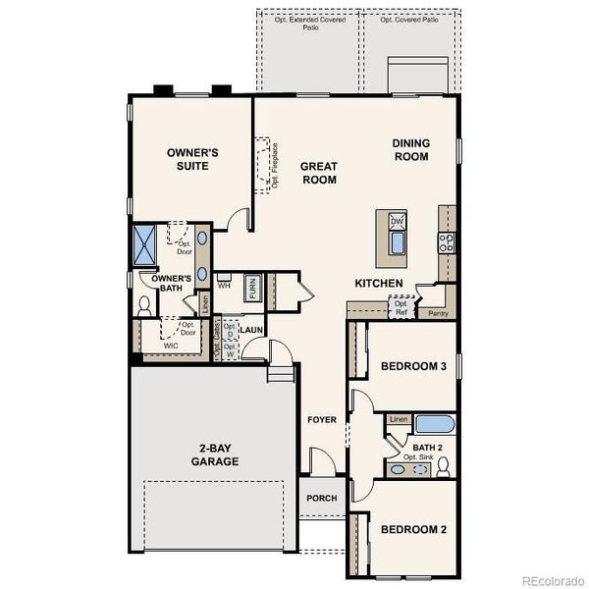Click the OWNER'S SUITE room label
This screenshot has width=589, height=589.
[192, 159]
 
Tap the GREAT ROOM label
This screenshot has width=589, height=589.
[319, 173]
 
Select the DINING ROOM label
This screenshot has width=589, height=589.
[411, 149]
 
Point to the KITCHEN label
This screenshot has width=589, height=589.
[379, 284]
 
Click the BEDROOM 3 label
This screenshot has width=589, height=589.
[413, 366]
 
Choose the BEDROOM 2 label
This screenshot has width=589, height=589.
[413, 529]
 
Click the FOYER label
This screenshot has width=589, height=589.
[322, 420]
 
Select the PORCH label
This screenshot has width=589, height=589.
[321, 498]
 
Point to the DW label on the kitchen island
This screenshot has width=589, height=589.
[398, 222]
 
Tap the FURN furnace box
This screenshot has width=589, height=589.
[252, 289]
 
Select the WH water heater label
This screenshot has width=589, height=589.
[224, 287]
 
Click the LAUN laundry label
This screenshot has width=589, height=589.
[250, 330]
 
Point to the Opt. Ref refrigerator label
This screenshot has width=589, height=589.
[401, 308]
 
